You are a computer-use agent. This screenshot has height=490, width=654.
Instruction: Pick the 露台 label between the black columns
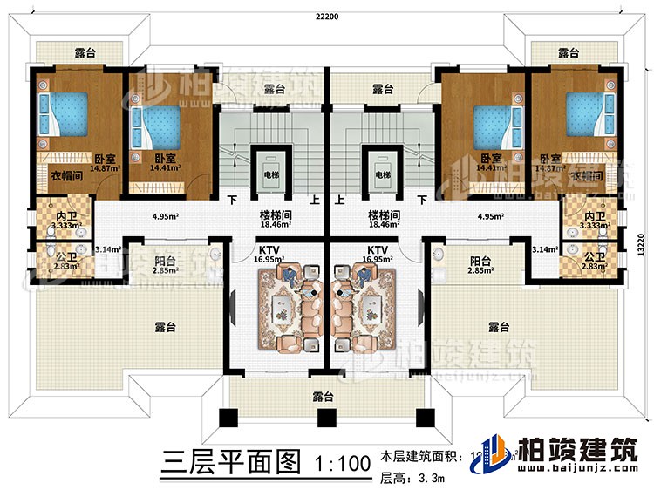point(325,396)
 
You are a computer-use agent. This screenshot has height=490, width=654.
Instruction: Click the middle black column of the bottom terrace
point(325,418)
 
